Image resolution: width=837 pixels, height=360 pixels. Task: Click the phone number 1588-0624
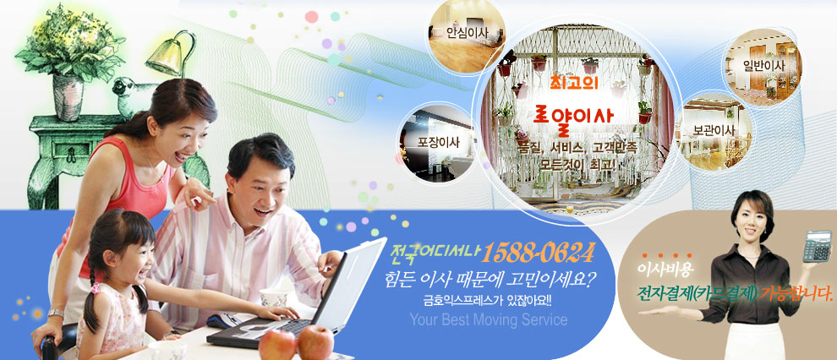(x=538, y=254)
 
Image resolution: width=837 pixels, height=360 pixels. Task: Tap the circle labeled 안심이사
(x=468, y=35)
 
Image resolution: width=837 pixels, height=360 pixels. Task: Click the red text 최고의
(x=575, y=83)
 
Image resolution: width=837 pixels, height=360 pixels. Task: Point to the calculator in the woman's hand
(x=818, y=247)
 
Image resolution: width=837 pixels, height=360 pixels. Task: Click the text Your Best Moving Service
(x=489, y=320)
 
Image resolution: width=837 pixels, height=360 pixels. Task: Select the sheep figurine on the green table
(x=134, y=97)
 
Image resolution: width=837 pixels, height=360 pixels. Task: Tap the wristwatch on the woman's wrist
(x=56, y=314)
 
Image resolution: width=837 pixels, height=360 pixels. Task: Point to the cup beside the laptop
(x=274, y=297)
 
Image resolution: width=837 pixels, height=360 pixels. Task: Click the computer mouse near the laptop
(x=224, y=320)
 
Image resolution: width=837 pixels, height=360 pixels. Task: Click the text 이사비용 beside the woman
(x=665, y=270)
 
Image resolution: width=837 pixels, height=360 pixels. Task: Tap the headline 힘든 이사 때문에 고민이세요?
(x=490, y=279)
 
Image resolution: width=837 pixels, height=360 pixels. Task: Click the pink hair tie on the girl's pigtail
(x=96, y=288)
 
